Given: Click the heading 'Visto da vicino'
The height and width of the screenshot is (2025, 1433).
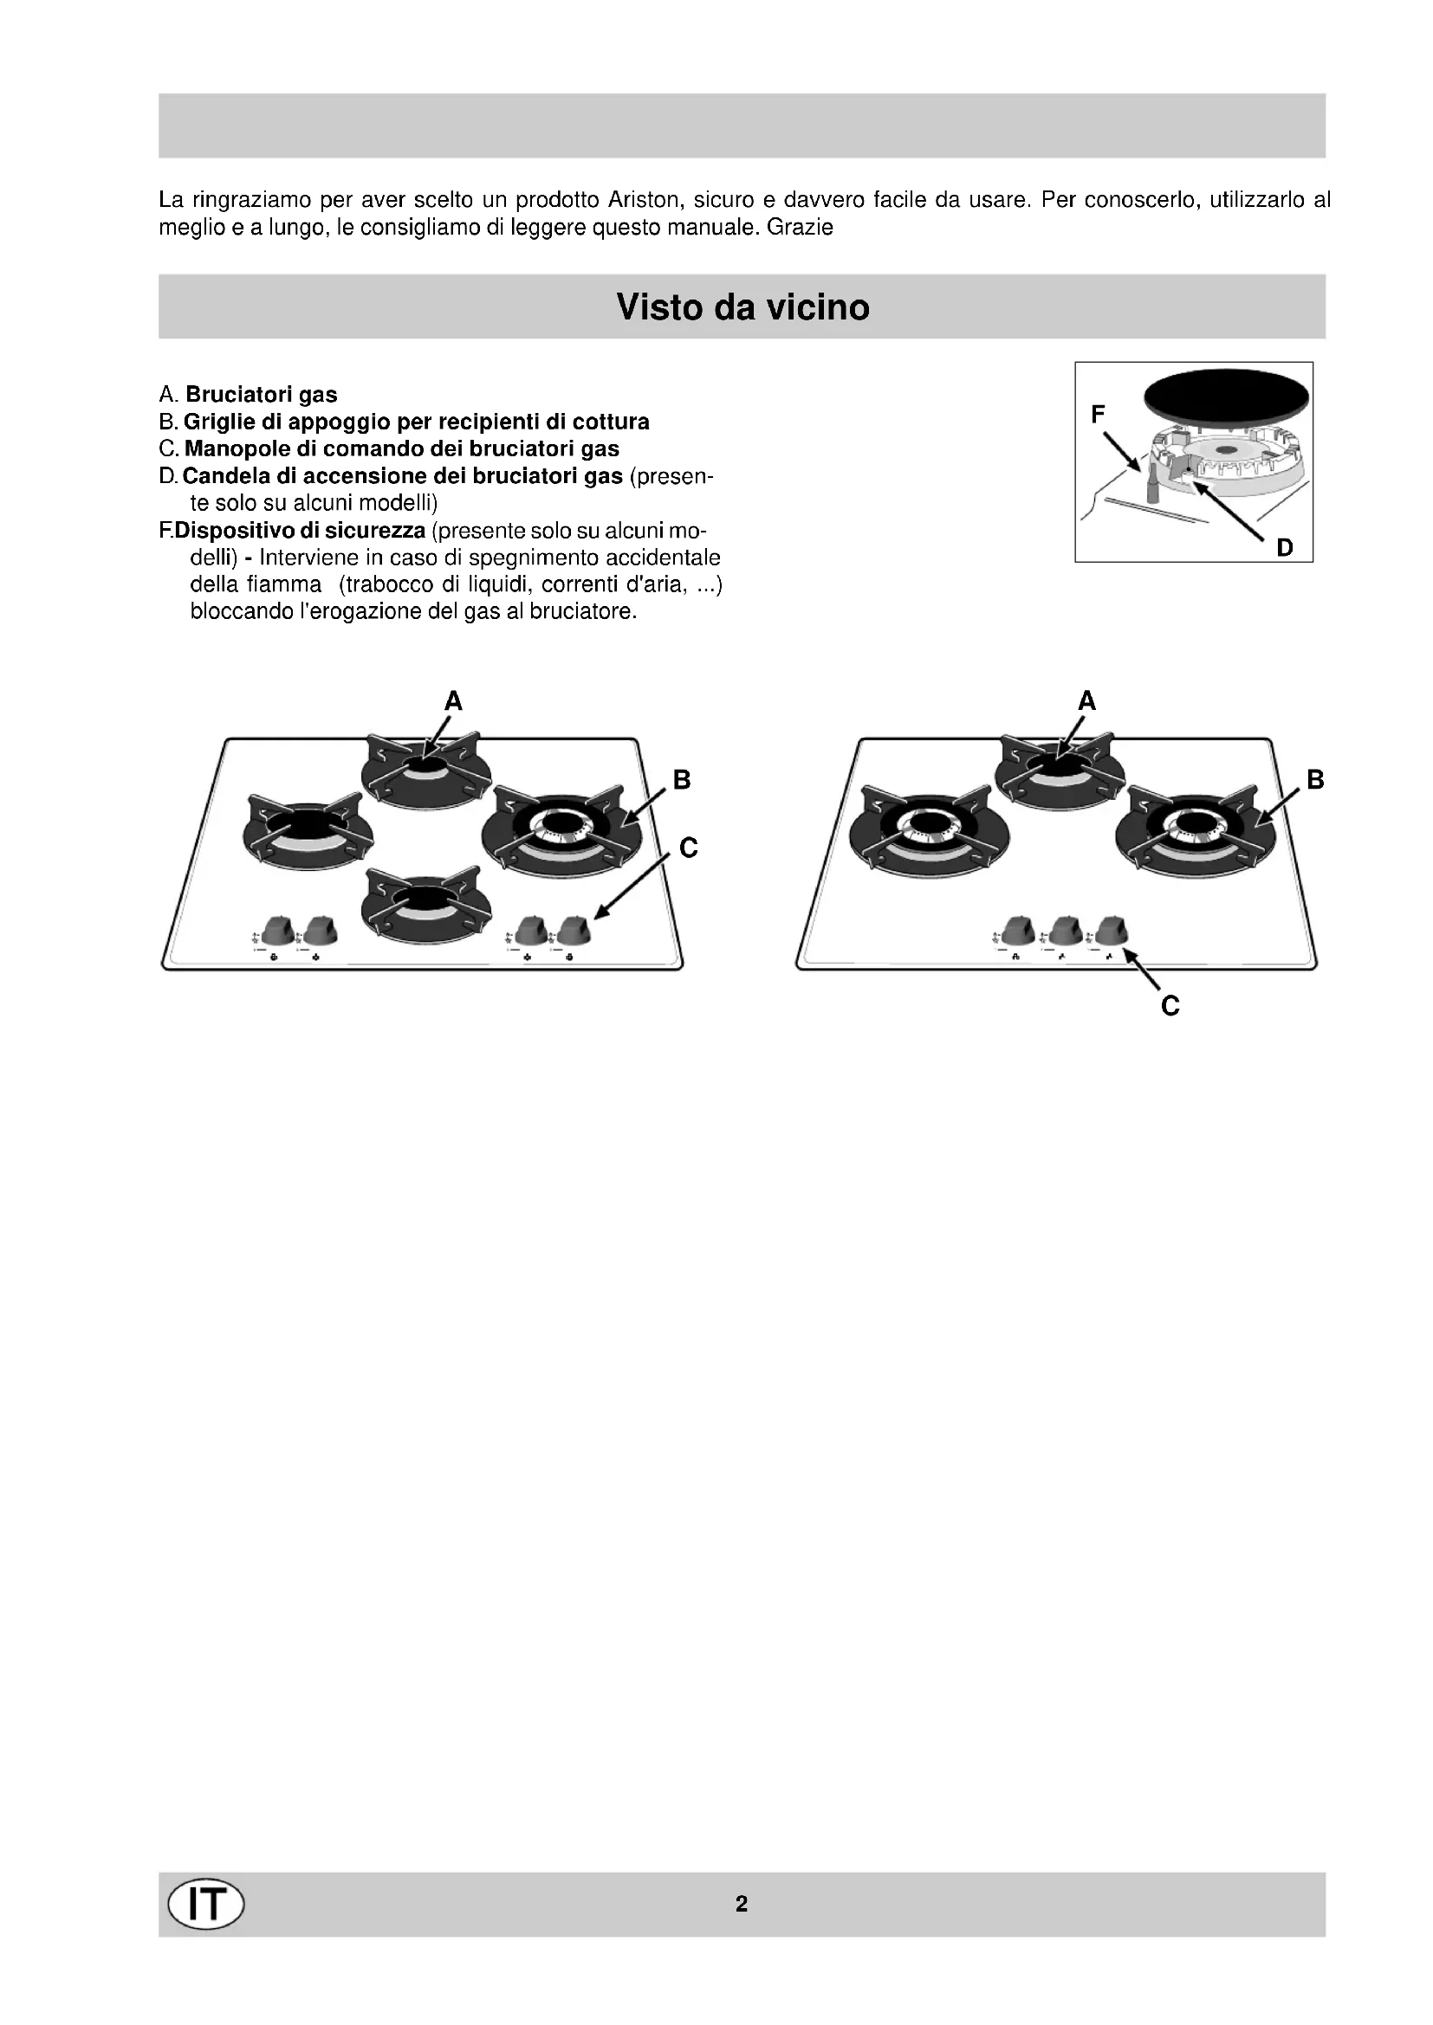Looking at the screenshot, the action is [x=742, y=307].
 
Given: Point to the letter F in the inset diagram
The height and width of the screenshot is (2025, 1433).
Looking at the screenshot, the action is [x=1098, y=414].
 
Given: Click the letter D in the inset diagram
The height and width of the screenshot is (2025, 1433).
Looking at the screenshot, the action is [x=1285, y=548].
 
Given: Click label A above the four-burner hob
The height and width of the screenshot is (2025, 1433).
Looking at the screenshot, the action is [x=452, y=701].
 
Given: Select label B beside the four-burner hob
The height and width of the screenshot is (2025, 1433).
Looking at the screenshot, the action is [x=681, y=780].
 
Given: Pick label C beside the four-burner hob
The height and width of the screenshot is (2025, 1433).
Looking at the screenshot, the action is [x=689, y=848].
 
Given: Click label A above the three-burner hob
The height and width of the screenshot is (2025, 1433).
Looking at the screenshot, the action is [x=1086, y=701].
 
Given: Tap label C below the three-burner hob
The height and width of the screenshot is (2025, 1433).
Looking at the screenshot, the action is [x=1170, y=1006].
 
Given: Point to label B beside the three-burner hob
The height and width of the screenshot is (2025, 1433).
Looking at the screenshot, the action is [x=1315, y=780].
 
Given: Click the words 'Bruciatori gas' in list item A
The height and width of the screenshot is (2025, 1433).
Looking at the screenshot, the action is [x=261, y=394].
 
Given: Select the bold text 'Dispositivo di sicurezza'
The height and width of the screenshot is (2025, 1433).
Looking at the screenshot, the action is [x=300, y=531].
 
